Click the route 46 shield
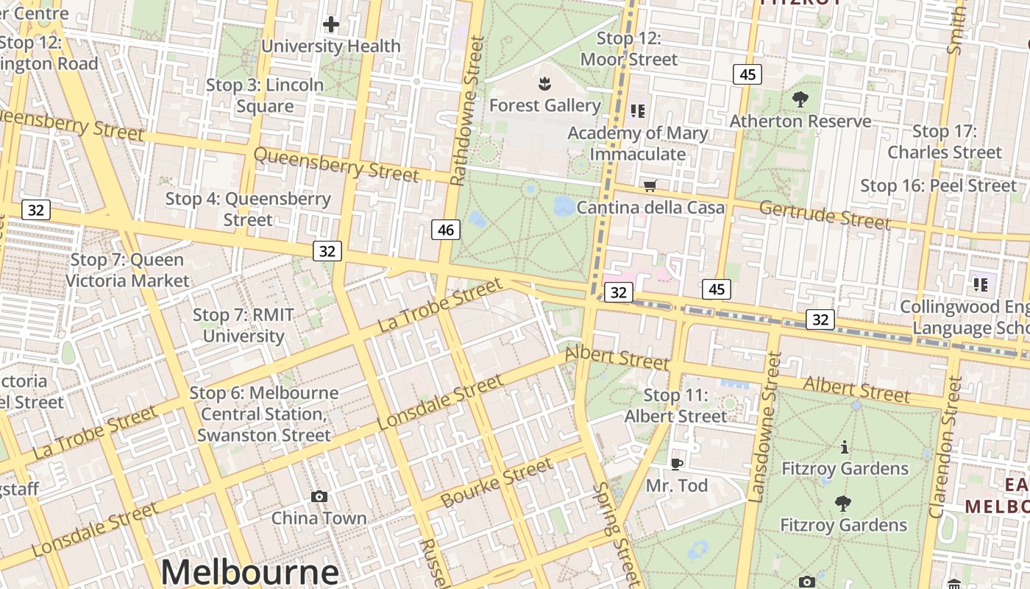click(x=445, y=230)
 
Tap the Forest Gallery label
click(x=544, y=105)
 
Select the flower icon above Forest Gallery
click(x=544, y=83)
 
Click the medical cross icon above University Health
click(x=331, y=24)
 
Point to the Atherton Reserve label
click(x=800, y=121)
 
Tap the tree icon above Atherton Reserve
click(x=800, y=99)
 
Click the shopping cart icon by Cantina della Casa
click(x=650, y=186)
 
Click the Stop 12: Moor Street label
click(x=628, y=49)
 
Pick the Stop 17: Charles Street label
click(x=944, y=141)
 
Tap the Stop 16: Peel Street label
click(x=938, y=186)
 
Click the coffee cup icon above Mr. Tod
click(x=677, y=464)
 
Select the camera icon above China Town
click(x=319, y=496)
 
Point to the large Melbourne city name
click(x=250, y=571)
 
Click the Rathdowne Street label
click(x=467, y=110)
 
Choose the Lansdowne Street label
click(x=765, y=427)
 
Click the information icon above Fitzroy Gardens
click(x=844, y=447)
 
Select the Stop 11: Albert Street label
click(x=675, y=406)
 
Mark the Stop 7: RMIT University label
click(x=243, y=325)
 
